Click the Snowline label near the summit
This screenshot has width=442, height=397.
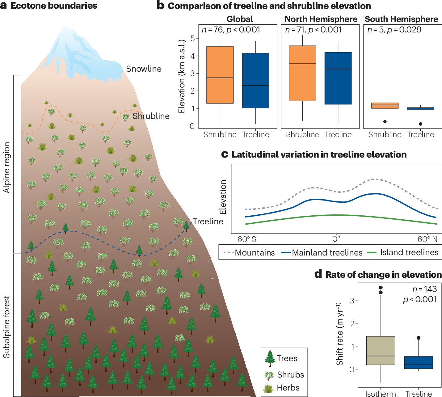coord(144,69)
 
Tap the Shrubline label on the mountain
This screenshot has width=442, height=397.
coord(151,116)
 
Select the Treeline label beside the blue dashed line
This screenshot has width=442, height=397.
coord(208,222)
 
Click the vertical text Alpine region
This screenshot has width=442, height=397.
coord(7,167)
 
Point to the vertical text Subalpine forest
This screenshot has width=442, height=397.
coord(7,327)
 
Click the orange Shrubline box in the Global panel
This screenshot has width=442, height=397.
coord(220,75)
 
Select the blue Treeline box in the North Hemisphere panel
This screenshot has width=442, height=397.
coord(338,78)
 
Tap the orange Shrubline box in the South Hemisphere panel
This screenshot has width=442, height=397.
coord(385,106)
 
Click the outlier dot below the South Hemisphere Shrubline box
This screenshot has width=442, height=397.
coord(385,122)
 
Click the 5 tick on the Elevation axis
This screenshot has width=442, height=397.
coord(193,38)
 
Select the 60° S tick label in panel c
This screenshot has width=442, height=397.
coord(246,239)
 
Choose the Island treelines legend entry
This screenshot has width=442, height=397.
coord(409,252)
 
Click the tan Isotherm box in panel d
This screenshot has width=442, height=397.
coord(381,350)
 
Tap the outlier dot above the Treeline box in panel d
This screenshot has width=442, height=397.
coord(419,338)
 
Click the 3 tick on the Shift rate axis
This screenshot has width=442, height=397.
coord(352,301)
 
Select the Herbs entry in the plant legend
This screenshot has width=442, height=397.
coord(288,388)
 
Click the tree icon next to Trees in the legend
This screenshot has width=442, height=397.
coord(270,358)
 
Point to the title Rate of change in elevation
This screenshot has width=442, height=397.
coord(383,275)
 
